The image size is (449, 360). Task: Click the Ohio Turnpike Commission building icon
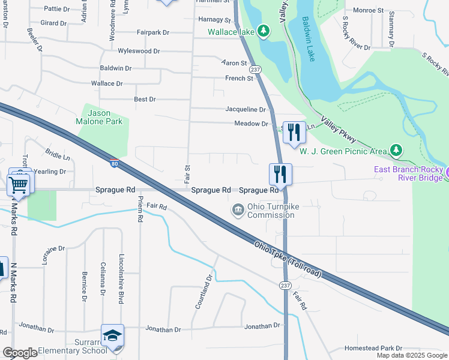pos(238,209)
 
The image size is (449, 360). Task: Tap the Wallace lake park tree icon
pos(263,31)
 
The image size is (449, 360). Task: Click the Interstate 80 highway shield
pos(114,162)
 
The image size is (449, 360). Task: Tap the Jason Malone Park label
pos(105,117)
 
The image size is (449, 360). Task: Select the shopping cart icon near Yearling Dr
pos(19,184)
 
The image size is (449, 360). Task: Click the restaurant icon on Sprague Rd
pos(280,174)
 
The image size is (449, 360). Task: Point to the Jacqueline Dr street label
pos(245,109)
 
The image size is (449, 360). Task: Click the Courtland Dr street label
pos(203,292)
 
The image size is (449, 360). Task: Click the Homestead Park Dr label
pos(373,348)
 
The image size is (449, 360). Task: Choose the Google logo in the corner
pos(20,353)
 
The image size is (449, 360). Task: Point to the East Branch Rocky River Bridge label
pos(408,173)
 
